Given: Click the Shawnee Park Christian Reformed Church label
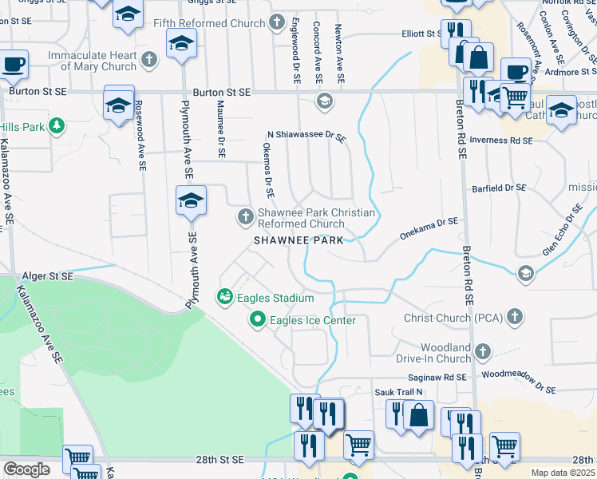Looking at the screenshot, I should [315, 218].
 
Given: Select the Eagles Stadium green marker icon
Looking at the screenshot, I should [225, 298].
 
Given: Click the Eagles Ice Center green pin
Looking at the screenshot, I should [258, 320].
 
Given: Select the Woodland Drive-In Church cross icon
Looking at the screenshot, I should [481, 351].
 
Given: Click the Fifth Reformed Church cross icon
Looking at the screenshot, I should [277, 23].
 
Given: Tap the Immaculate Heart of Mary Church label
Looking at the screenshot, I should [92, 61].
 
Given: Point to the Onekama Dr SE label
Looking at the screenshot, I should [429, 226].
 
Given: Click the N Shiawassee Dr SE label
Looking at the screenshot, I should [306, 137].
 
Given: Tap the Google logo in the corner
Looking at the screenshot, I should [26, 469].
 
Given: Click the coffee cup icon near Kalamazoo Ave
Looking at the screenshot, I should [14, 65].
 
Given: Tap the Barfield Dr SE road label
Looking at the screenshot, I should [498, 188].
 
